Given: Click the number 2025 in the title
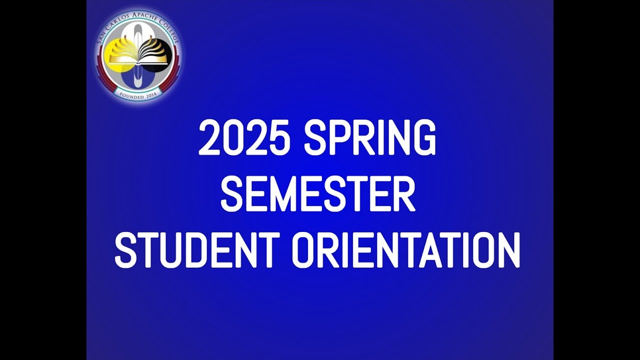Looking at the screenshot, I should click(x=244, y=138).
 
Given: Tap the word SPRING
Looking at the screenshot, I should click(x=370, y=138).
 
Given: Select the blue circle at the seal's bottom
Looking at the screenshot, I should click(x=138, y=80).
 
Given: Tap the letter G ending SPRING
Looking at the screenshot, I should click(x=424, y=138).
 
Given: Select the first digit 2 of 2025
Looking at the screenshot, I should click(x=209, y=138).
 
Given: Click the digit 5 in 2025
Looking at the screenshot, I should click(x=279, y=138).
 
